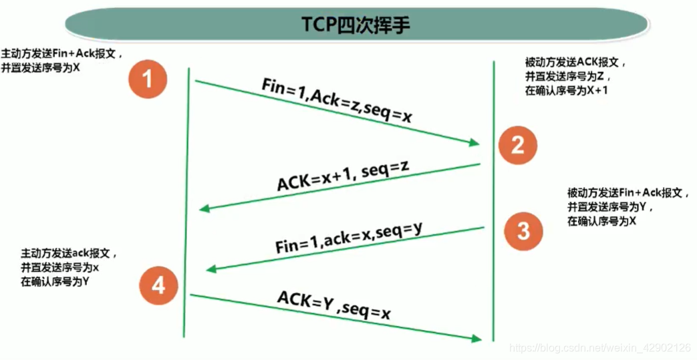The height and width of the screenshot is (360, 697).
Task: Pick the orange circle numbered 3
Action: (523, 230)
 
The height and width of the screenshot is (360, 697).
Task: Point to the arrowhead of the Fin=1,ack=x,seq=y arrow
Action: (211, 269)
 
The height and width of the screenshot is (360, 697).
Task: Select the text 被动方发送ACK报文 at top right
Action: (575, 63)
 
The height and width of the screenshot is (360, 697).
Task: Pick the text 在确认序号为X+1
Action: (567, 91)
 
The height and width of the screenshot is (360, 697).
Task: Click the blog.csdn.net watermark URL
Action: (599, 348)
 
